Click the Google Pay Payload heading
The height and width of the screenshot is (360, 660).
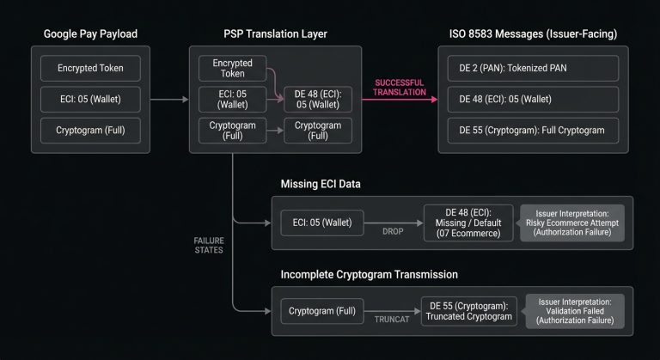(x=89, y=34)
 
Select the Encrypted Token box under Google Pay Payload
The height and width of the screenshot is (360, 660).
(x=89, y=68)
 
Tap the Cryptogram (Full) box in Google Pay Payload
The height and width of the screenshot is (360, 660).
(x=89, y=131)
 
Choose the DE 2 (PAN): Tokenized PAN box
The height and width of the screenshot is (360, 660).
(x=533, y=68)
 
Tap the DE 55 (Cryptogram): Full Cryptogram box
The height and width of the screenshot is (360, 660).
(x=533, y=131)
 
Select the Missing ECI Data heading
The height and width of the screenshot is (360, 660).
(x=322, y=185)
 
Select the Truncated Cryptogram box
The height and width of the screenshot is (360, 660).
(x=467, y=310)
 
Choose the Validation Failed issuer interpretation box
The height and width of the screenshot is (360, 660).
(x=575, y=310)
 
